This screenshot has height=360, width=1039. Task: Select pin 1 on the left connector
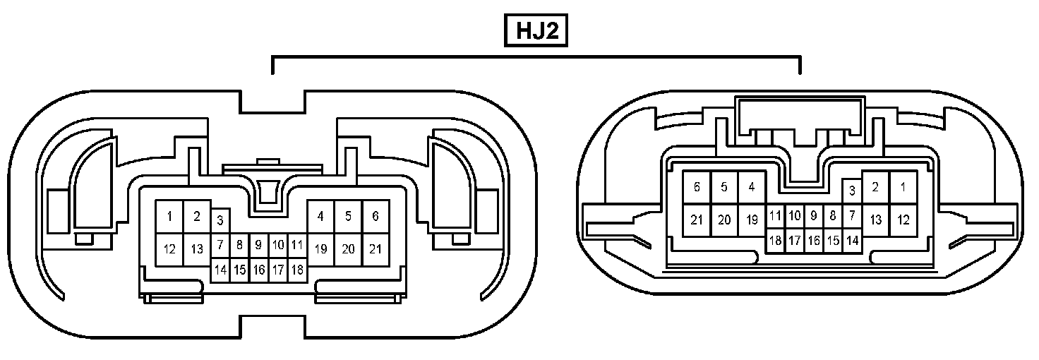coord(169,217)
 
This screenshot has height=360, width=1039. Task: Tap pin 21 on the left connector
coord(376,248)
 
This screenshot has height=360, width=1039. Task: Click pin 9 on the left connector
coord(259,245)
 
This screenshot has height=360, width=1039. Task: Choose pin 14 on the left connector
coord(220,270)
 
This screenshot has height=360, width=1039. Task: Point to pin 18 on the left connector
coord(297,270)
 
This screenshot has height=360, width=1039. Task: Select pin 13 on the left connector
coord(197,248)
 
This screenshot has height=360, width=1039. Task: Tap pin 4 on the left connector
coord(321,217)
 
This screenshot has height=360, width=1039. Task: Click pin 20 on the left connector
coord(348,248)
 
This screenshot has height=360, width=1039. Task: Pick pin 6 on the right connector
coord(697,187)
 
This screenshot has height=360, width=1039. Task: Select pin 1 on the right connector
coord(903,187)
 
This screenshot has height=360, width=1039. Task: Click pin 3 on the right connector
coord(852,190)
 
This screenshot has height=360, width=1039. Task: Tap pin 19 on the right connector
coord(752,220)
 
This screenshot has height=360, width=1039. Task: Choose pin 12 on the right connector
coord(903,220)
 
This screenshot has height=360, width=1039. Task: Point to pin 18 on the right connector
coord(775,241)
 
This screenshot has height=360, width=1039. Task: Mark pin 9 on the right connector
coord(814,215)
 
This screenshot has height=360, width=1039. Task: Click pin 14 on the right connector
coord(852,241)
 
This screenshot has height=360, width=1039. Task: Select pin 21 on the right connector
coord(697,220)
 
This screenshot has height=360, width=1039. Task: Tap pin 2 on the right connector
coord(875,187)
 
